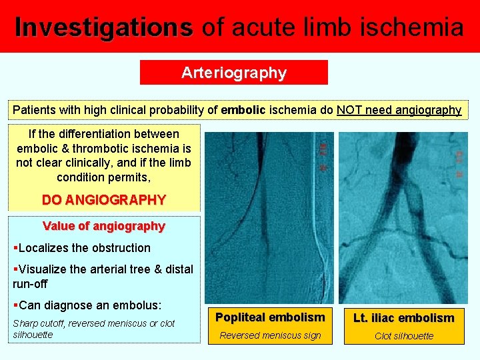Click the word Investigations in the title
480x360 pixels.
pyautogui.click(x=103, y=27)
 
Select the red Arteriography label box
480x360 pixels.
pyautogui.click(x=234, y=73)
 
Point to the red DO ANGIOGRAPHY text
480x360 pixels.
pyautogui.click(x=103, y=199)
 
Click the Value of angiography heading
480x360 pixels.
pyautogui.click(x=103, y=226)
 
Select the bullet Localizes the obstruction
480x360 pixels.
pyautogui.click(x=83, y=248)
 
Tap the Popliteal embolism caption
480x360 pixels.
pyautogui.click(x=270, y=317)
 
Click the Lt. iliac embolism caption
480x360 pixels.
pyautogui.click(x=404, y=318)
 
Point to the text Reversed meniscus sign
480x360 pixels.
pyautogui.click(x=270, y=335)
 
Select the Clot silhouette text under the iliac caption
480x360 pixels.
pyautogui.click(x=404, y=336)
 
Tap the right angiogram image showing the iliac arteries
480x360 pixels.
pyautogui.click(x=403, y=217)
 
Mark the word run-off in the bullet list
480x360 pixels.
pyautogui.click(x=31, y=283)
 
